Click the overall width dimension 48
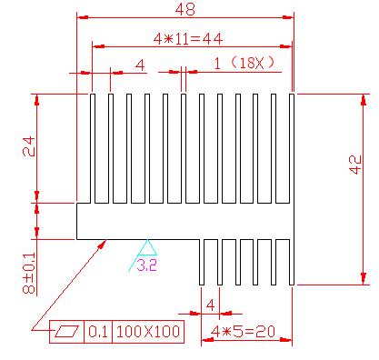[185, 9]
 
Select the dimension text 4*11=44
[188, 39]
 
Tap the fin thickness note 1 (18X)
[244, 64]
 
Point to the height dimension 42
[356, 165]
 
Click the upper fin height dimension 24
[29, 146]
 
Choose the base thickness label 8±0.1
[29, 273]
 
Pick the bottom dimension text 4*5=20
[243, 332]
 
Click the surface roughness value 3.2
[146, 265]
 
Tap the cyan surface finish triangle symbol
[147, 247]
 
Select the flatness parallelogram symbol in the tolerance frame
[67, 331]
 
